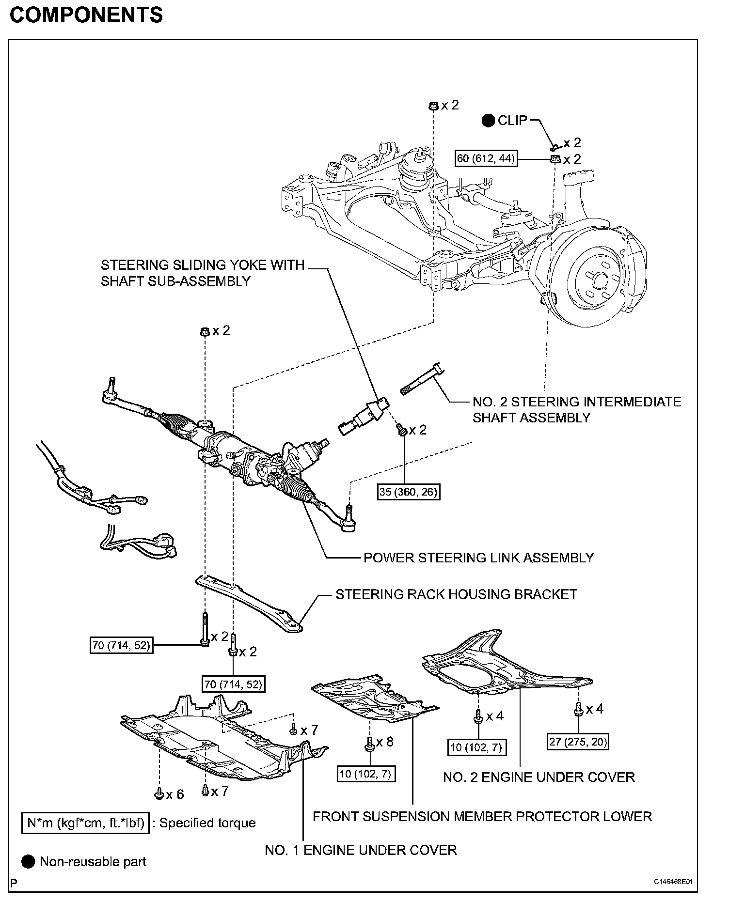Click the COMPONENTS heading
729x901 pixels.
(x=86, y=16)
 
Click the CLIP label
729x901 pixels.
(x=512, y=121)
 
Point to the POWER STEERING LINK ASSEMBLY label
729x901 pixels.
(x=478, y=558)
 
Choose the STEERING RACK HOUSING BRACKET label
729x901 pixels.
(x=456, y=594)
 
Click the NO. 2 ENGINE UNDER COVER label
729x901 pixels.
(x=539, y=777)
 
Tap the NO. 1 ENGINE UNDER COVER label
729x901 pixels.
(x=361, y=850)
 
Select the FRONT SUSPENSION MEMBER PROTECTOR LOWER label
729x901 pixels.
(x=482, y=816)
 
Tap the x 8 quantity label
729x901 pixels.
(x=384, y=742)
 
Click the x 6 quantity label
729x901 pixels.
(x=175, y=794)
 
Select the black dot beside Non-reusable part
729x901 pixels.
(x=29, y=862)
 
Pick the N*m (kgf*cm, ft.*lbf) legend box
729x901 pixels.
(x=85, y=823)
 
